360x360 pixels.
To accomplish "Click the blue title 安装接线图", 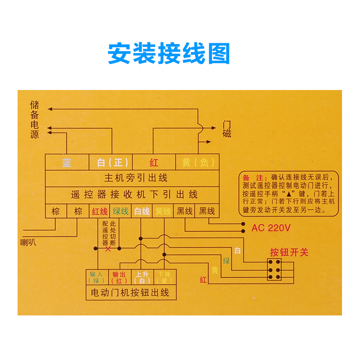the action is (x=169, y=54).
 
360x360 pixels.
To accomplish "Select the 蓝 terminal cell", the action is (x=67, y=162).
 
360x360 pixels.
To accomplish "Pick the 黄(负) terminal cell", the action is (x=198, y=162).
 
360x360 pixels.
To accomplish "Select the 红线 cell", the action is (x=99, y=211).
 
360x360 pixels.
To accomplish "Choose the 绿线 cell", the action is (x=121, y=211).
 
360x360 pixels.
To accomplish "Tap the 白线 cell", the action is (x=142, y=211).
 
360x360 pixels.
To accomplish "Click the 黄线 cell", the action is (x=163, y=211).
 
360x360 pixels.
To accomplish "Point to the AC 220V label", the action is (x=271, y=228).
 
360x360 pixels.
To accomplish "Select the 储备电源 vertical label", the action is (x=35, y=120).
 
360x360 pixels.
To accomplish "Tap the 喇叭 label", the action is (x=28, y=243).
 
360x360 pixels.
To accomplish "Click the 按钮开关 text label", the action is (x=289, y=252).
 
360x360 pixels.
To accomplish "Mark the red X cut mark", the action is (x=108, y=248).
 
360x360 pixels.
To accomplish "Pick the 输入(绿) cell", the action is (x=97, y=277).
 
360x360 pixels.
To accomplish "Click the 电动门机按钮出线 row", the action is (x=130, y=292).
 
